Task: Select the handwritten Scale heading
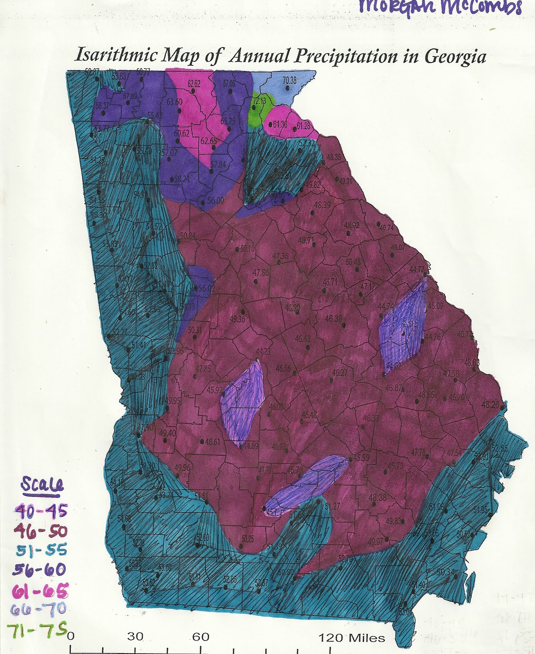[42, 485]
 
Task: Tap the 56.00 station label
[215, 200]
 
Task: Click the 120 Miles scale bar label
[352, 637]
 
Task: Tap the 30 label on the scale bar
[135, 636]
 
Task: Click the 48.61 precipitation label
[213, 441]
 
